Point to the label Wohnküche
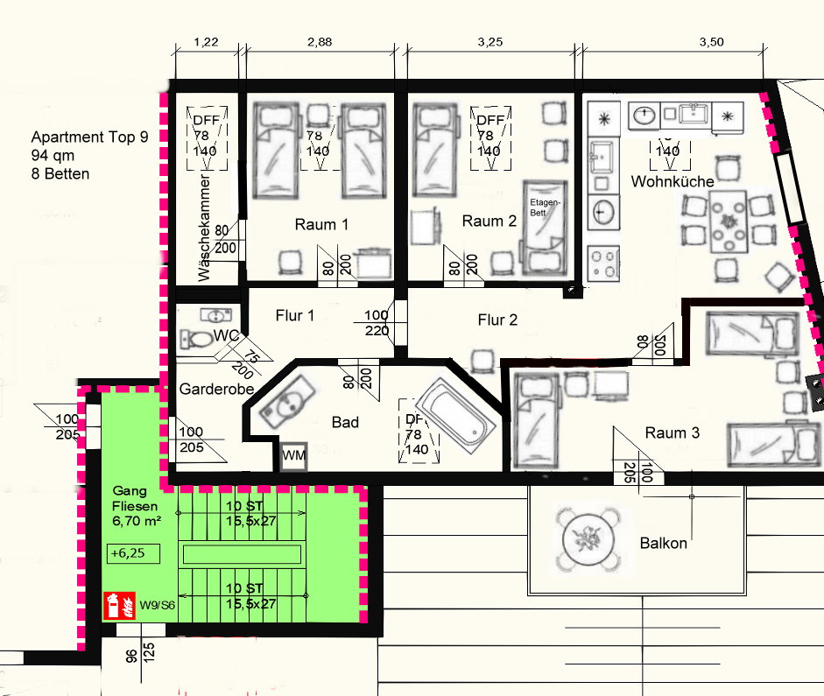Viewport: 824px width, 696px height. tap(672, 181)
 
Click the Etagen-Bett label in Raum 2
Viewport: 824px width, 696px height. tap(544, 207)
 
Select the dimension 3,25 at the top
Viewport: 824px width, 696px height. tap(492, 41)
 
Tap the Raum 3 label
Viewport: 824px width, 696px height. tap(672, 432)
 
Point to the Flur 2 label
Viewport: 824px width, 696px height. tap(497, 320)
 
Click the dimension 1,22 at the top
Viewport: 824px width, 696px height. tap(207, 41)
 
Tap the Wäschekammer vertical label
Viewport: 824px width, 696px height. tap(204, 228)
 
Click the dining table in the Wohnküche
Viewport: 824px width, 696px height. tap(729, 223)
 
